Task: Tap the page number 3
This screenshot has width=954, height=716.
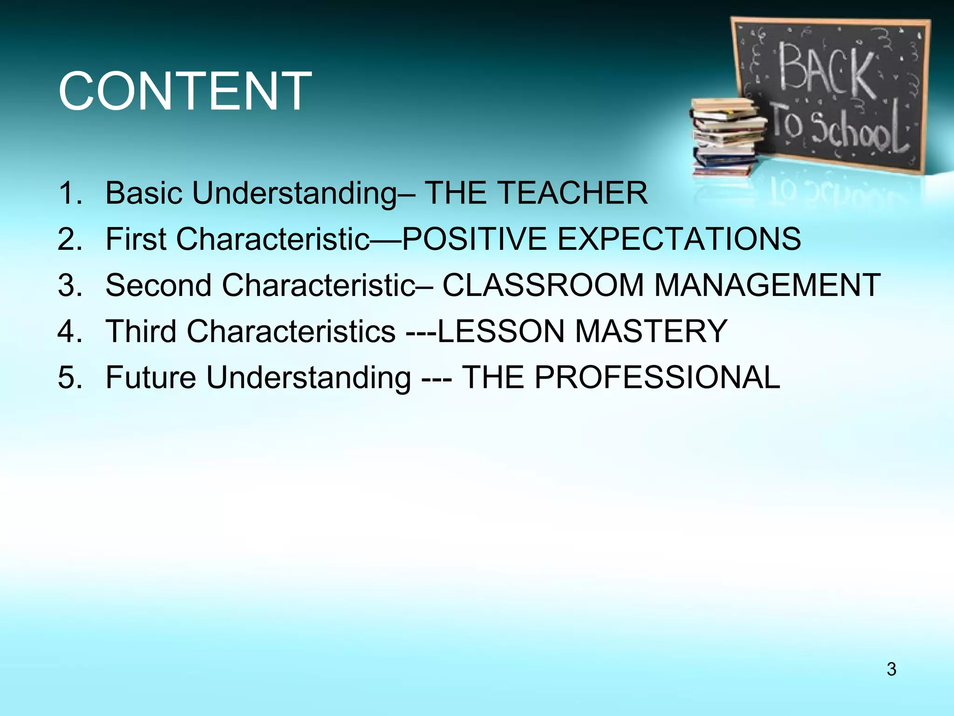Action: click(891, 669)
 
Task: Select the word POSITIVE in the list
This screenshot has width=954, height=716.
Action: click(474, 239)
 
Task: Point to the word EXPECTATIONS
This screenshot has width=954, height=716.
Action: click(679, 239)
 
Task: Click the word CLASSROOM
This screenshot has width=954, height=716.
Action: click(543, 285)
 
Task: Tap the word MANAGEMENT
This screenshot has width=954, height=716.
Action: click(767, 285)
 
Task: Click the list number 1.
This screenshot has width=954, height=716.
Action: click(70, 193)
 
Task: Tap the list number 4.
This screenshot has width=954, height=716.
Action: click(70, 331)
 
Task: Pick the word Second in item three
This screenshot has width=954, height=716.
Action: click(158, 285)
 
